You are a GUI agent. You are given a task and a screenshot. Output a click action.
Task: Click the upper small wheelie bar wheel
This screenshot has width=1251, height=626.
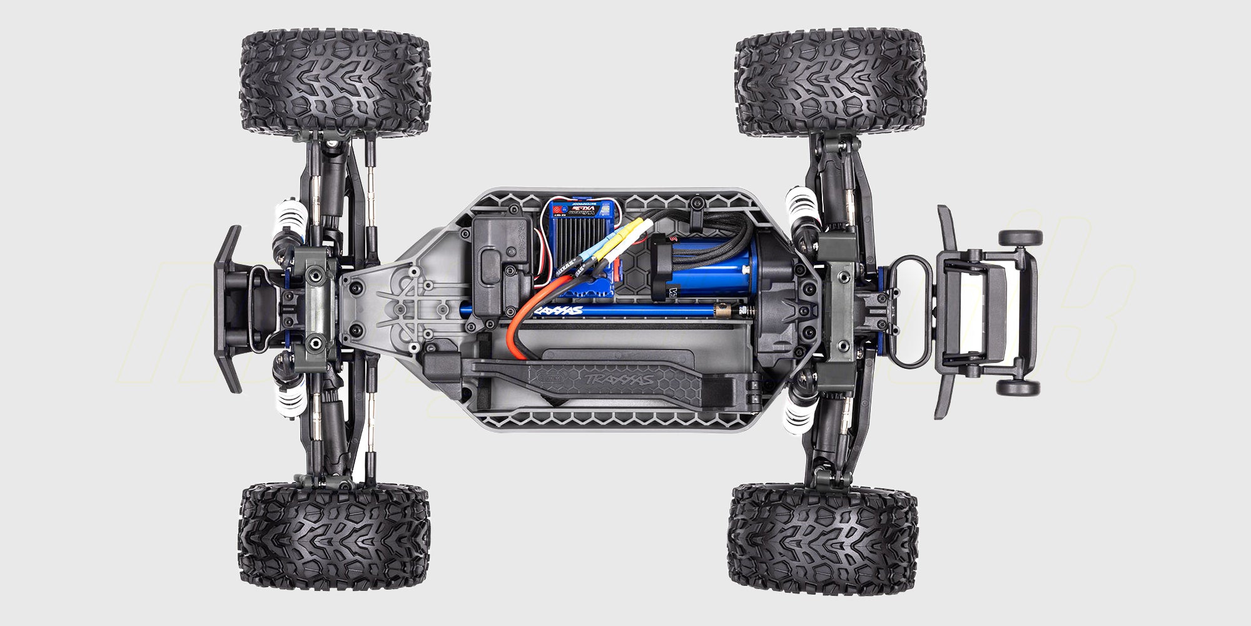point(1020,238)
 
